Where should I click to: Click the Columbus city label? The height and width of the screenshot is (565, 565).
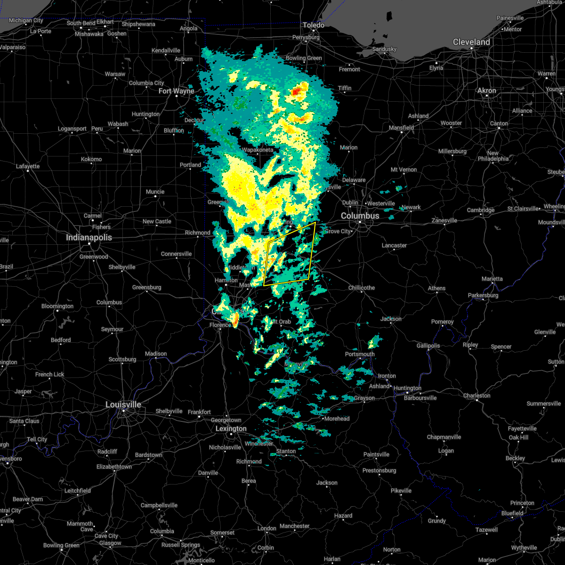point(360,216)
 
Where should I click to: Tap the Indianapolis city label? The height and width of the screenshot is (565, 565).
point(89,237)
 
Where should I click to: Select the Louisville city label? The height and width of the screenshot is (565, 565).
point(123,404)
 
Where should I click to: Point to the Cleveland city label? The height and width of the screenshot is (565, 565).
point(471,42)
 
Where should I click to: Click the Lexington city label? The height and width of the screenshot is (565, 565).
point(231,428)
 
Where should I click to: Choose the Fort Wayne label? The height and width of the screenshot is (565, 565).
point(176,91)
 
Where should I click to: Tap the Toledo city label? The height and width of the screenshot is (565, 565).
point(314,25)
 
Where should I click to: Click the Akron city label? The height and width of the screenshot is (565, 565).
point(487,90)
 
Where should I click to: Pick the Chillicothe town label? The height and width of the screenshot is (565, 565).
point(362,288)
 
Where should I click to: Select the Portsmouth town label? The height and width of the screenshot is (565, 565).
point(360,354)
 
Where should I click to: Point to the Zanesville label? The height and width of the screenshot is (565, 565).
point(444,220)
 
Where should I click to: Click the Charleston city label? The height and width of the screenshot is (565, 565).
point(477,395)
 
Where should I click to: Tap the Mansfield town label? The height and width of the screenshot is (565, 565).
point(402,128)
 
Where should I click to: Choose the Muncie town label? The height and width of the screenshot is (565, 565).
point(155,192)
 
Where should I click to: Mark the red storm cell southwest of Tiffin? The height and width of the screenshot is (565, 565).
point(298,92)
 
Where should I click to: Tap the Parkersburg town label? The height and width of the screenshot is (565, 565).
point(483,295)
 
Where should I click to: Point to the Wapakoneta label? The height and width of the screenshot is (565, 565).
point(258,150)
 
